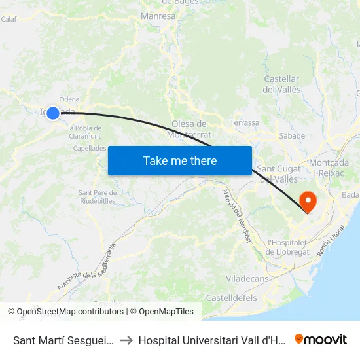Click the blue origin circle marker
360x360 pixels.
pos(53,113)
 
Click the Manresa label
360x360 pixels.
pos(158,16)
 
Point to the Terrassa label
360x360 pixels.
pos(245,122)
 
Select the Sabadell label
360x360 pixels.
pos(294,135)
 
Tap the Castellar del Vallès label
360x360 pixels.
pos(281,84)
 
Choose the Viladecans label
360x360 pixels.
pos(247,279)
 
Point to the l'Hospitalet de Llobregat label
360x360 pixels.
pos(292,247)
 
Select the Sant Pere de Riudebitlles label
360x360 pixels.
pos(98,196)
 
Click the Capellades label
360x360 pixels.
pos(90,148)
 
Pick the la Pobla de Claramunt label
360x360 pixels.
pos(84,132)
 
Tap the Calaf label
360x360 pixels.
pos(9,19)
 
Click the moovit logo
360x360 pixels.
pos(321,339)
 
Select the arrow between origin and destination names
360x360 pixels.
pos(126,340)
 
